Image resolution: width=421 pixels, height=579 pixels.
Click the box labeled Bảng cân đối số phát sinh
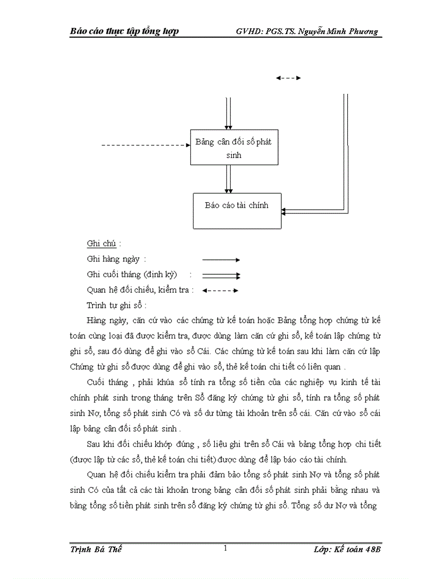coord(234,147)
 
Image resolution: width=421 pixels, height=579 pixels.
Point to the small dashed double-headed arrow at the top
coord(288,78)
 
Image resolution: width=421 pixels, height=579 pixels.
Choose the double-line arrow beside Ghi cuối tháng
coord(221,275)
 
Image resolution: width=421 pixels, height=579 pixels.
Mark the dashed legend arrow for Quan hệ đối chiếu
coord(220,290)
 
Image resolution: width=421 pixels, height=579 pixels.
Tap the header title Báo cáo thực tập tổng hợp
coord(124,31)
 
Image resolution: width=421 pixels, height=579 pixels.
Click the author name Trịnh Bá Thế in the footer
coord(95,550)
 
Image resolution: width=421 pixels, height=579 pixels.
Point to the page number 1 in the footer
coord(225,549)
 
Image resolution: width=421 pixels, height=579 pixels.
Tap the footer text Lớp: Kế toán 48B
coord(347,550)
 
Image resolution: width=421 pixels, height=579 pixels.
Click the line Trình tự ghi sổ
coord(117,305)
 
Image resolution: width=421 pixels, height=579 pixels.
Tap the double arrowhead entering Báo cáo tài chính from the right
coord(285,210)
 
